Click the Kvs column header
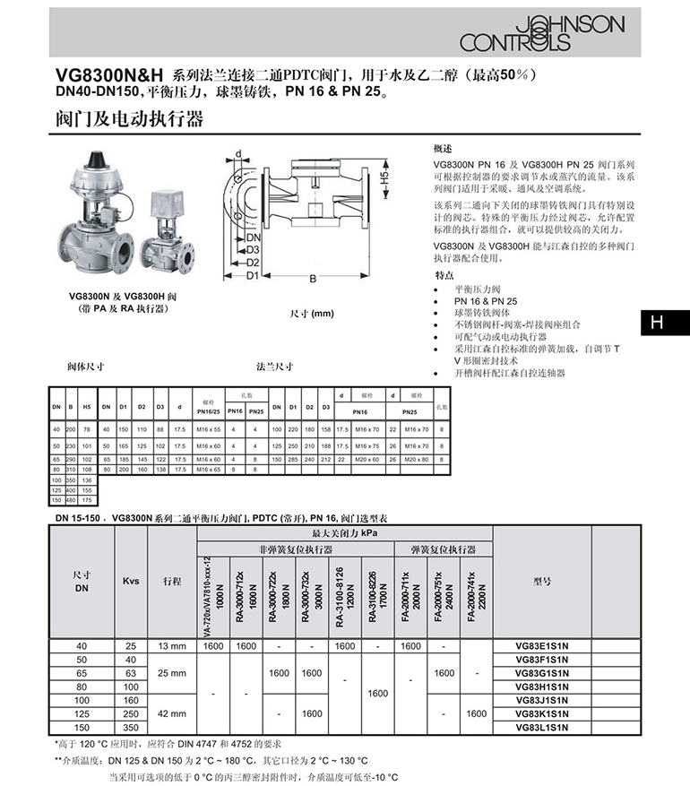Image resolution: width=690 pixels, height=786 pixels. [x=131, y=581]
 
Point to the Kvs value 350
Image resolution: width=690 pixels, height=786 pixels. [x=131, y=727]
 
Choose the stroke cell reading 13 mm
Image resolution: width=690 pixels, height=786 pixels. [x=171, y=645]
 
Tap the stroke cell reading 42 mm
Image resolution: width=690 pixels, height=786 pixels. [x=171, y=713]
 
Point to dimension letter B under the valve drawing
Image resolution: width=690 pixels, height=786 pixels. [x=313, y=279]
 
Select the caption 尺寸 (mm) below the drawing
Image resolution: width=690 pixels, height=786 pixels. [x=311, y=313]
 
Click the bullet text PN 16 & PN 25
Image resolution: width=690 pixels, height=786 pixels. [x=485, y=301]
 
